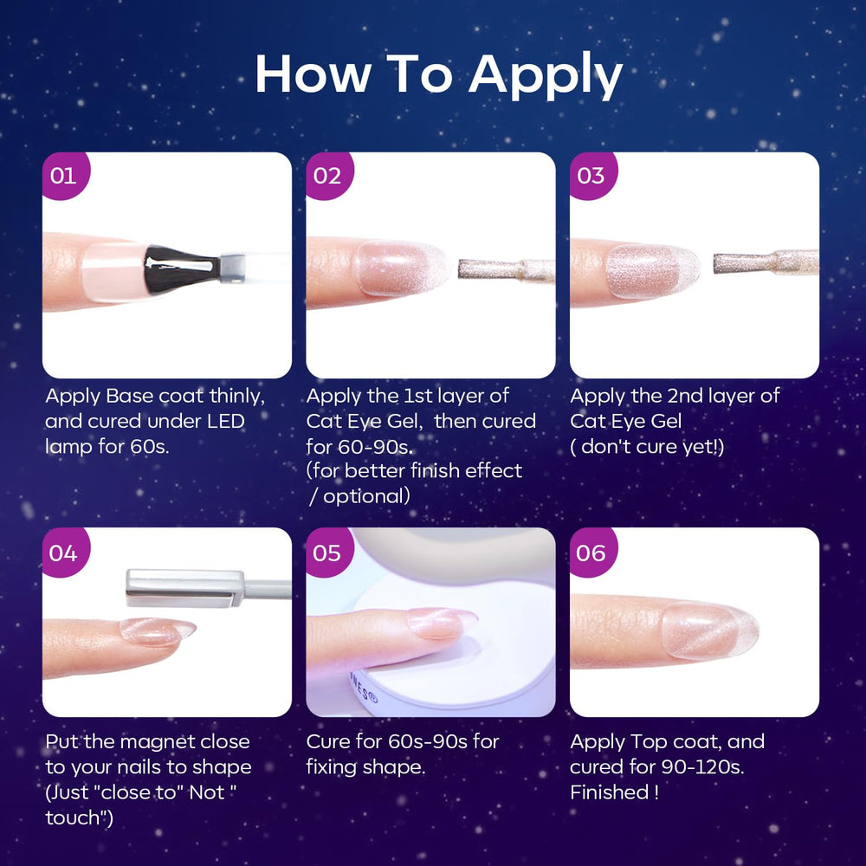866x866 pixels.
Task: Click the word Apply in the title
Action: [546, 75]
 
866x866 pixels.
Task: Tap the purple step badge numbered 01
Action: [65, 175]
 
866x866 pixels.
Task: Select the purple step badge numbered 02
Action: [328, 175]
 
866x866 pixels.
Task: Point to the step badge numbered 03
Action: [592, 175]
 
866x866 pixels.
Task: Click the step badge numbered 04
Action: [65, 552]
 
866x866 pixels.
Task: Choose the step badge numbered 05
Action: [328, 552]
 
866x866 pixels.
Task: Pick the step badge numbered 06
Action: [592, 552]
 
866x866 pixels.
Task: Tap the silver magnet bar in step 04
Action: [185, 588]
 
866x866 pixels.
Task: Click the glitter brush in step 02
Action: [507, 269]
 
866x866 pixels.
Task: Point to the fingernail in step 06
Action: [710, 630]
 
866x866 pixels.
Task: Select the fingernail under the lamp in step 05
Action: [442, 623]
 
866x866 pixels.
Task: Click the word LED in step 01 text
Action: [225, 422]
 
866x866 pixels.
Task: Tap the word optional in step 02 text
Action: [366, 496]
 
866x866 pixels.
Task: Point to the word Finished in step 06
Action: [609, 792]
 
